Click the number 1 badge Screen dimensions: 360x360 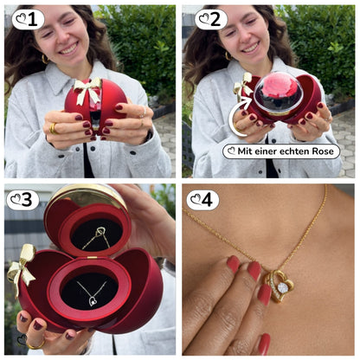28,19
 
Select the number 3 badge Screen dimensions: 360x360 22,200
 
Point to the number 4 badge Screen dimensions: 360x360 202,200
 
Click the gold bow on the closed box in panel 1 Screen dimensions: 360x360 87,90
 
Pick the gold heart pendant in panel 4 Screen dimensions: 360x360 280,286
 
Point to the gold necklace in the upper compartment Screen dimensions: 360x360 97,237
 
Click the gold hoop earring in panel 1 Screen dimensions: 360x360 45,59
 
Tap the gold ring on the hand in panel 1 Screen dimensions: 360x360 54,129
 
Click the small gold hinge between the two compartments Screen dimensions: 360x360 92,257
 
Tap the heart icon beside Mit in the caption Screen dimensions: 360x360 231,151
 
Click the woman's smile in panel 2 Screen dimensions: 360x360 250,48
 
